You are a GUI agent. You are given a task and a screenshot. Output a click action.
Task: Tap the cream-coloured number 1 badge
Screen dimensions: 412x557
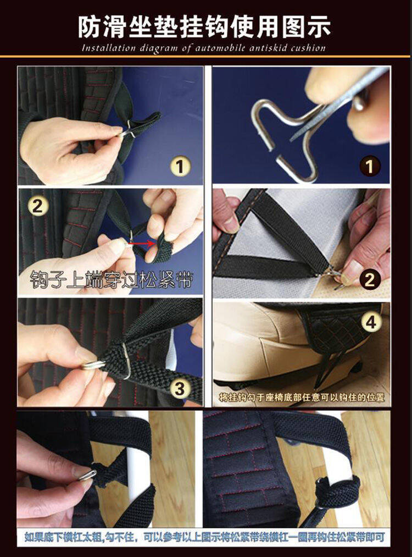(180, 166)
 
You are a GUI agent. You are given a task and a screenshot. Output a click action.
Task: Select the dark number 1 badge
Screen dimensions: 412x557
(370, 166)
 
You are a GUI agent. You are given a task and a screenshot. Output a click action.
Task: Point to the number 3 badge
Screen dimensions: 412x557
(180, 389)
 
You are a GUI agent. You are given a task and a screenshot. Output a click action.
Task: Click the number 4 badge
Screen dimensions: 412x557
(371, 323)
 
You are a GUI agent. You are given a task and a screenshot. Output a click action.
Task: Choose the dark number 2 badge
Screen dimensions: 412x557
(370, 279)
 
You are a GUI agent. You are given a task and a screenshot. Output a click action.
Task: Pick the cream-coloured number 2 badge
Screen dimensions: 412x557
(37, 205)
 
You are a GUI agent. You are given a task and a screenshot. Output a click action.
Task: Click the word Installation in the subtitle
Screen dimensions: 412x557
(109, 48)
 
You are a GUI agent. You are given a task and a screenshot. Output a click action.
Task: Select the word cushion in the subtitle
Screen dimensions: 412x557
(308, 48)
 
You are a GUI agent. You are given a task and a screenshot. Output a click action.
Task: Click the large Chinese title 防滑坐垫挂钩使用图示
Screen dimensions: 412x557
(204, 26)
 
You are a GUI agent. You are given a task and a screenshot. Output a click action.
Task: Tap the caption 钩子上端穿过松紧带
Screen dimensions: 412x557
(111, 279)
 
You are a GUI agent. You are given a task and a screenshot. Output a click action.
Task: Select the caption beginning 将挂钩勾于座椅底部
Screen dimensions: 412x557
(302, 397)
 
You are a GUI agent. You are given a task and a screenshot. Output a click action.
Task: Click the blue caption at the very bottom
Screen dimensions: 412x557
(205, 537)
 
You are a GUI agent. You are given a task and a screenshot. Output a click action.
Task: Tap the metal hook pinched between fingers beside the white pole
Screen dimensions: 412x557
(87, 475)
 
